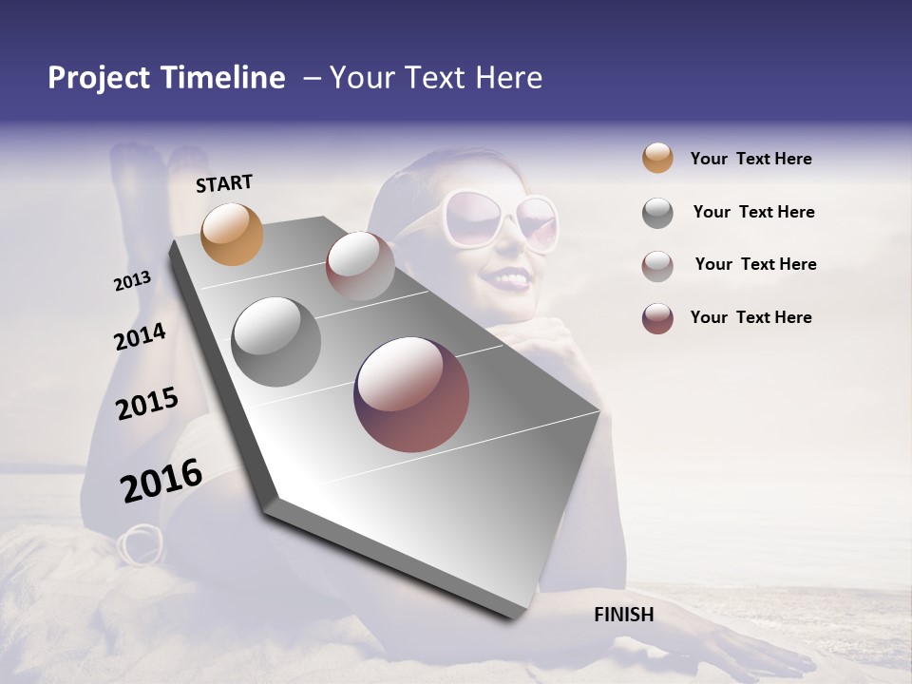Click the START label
(x=224, y=183)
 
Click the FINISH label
(x=623, y=615)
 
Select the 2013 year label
(x=133, y=280)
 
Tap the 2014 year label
(x=140, y=336)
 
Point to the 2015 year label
(x=147, y=404)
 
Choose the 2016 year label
(x=161, y=480)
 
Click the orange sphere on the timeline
(x=232, y=234)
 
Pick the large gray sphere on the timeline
(x=276, y=342)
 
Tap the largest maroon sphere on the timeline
(x=411, y=394)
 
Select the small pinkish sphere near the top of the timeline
(x=360, y=266)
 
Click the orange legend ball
(x=657, y=158)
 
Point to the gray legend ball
(x=657, y=213)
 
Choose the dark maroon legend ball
(x=657, y=318)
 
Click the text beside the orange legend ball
(x=750, y=159)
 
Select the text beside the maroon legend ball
(x=750, y=317)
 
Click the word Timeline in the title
(x=222, y=78)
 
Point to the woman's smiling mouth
(x=506, y=279)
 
